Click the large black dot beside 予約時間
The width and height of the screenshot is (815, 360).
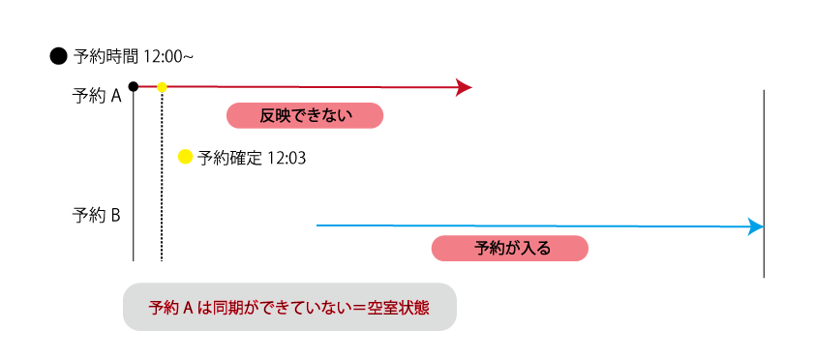point(58,56)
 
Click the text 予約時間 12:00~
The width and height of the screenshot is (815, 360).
point(134,56)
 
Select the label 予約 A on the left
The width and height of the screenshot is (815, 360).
point(96,96)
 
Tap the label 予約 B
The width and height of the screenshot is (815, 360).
point(96,215)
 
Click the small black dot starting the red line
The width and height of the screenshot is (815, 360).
point(133,87)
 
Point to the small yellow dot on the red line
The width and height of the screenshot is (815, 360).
point(162,87)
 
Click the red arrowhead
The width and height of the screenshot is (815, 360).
point(464,88)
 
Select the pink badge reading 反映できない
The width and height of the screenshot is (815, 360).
point(305,116)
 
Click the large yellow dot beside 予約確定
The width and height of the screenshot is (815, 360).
point(186,156)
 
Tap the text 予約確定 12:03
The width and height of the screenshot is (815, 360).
point(252,157)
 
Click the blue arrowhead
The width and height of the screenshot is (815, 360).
point(756,226)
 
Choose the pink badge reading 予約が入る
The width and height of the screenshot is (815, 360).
point(510,248)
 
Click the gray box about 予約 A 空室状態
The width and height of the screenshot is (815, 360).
point(289,307)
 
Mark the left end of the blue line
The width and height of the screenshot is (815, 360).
point(318,225)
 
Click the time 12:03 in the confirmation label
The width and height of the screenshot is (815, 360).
point(286,157)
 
